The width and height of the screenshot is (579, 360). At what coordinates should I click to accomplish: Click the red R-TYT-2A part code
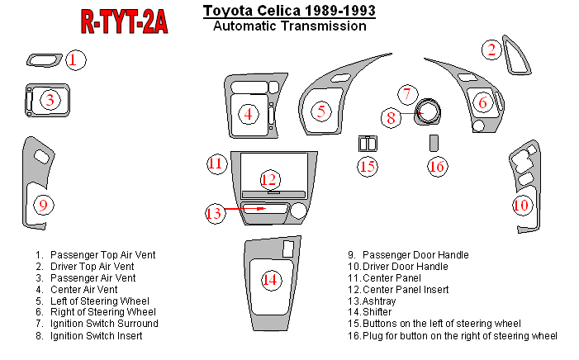tap(125, 21)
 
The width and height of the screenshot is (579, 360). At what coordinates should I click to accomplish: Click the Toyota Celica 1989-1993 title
tap(289, 11)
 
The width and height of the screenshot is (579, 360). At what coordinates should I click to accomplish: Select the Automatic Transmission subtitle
tap(290, 26)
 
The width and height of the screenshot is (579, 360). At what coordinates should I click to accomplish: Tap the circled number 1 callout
tap(76, 60)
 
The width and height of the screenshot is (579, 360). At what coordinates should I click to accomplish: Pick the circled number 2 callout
tap(491, 50)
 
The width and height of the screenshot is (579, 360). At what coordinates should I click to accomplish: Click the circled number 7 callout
tap(408, 94)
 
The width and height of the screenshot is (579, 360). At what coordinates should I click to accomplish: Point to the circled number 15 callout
tap(368, 167)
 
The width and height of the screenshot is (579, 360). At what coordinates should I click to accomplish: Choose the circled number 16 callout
tap(438, 167)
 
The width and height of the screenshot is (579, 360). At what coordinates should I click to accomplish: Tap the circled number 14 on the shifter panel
tap(271, 280)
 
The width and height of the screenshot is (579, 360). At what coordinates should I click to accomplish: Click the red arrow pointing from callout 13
tap(245, 209)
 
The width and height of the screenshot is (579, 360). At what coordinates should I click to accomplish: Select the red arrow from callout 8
tap(411, 113)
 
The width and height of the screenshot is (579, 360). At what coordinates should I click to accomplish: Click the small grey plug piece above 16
tap(434, 143)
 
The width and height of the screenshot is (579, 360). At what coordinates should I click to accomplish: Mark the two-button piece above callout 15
tap(368, 144)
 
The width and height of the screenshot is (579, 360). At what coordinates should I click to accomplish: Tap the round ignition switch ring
tap(428, 111)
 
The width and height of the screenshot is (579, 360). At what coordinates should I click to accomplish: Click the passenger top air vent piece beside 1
tap(45, 60)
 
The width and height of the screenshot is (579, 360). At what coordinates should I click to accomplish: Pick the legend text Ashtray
tap(379, 301)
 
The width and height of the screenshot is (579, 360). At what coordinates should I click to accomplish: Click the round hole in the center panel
tap(299, 211)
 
